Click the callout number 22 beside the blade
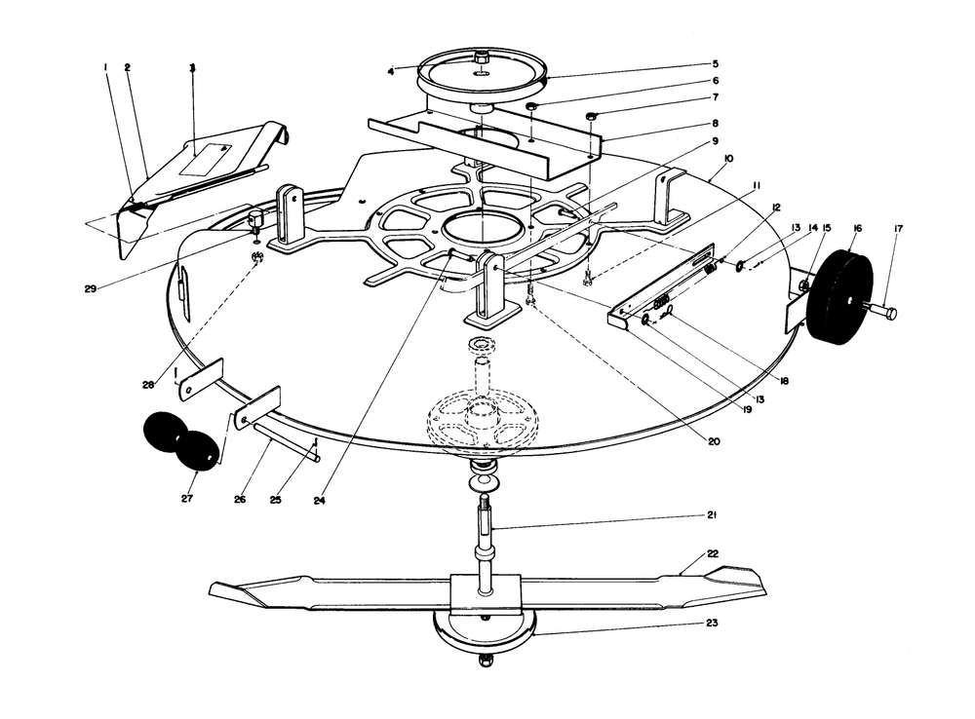point(713,553)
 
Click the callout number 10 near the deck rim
point(728,158)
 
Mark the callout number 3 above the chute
point(192,68)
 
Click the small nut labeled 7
point(592,118)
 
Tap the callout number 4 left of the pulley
point(391,71)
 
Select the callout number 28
point(147,386)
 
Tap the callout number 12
point(776,208)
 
